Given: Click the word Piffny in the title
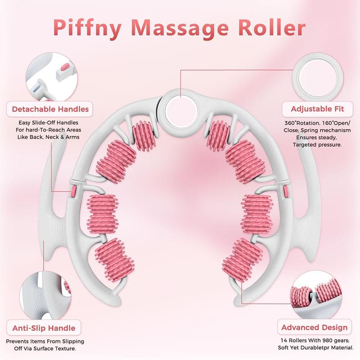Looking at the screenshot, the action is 87,28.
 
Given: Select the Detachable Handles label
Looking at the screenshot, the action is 50,109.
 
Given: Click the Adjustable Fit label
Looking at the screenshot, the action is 317,109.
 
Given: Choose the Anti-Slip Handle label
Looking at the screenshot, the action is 44,328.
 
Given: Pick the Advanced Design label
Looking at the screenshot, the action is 314,327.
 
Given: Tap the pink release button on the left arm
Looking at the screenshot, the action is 73,192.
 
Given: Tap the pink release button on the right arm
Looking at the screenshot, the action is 286,191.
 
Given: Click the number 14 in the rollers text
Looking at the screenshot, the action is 284,340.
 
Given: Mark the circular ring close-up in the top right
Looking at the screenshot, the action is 318,77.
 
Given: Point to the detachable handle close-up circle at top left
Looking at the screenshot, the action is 51,77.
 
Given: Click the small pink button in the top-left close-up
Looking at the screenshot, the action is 65,67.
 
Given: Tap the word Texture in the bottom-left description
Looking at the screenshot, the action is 66,348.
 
